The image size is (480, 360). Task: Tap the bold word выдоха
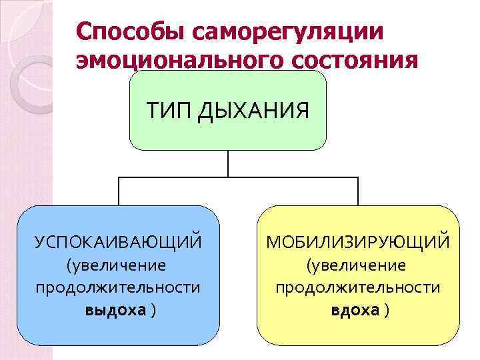(x=115, y=310)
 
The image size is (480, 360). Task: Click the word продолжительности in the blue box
(x=118, y=287)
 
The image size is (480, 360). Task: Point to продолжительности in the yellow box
(x=358, y=287)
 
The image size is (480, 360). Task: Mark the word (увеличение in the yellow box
(x=356, y=265)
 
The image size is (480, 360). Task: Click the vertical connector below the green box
(x=228, y=163)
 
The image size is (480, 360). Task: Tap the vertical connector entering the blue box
(x=119, y=191)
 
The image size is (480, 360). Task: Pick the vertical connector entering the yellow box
(x=358, y=191)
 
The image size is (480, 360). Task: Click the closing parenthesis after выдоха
(x=154, y=310)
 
